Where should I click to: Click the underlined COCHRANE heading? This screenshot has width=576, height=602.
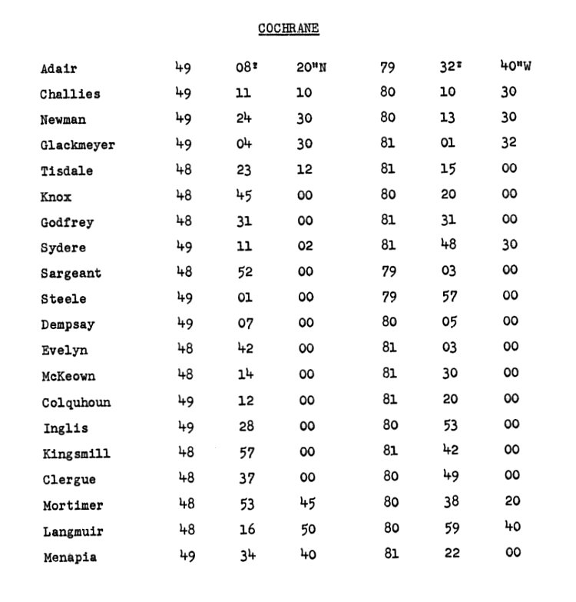288,28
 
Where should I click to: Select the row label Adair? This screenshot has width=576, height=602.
59,69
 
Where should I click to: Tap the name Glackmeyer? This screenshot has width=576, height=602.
78,145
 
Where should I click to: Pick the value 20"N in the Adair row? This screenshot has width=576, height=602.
311,68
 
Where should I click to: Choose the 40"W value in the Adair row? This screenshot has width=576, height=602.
515,66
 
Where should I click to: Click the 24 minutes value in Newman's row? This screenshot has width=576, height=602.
243,118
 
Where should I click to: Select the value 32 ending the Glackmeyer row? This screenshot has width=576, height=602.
508,142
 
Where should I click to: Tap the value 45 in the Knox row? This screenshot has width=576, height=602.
243,195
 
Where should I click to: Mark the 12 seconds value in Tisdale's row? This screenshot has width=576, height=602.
305,169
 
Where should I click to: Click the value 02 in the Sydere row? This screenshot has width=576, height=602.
305,246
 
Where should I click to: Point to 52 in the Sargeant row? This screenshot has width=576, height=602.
244,271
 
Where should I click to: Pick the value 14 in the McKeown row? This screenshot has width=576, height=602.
243,374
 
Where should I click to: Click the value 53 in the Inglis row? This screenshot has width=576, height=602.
448,424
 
